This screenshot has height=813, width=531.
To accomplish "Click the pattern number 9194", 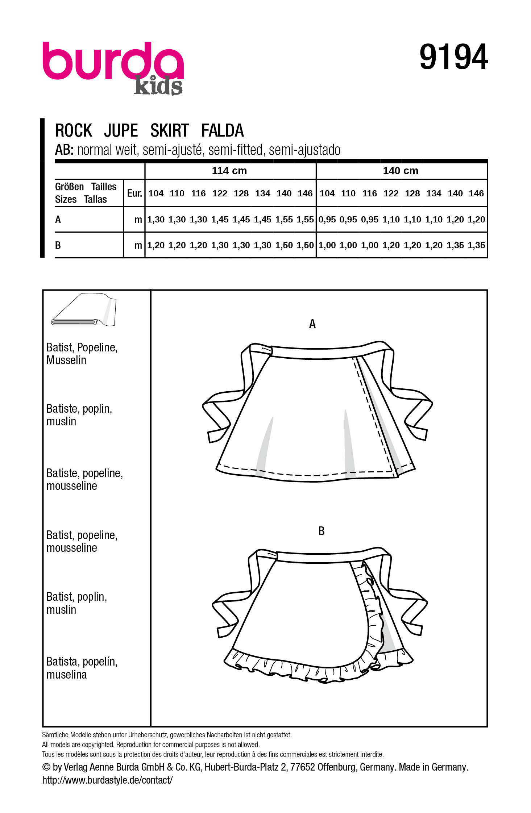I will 453,57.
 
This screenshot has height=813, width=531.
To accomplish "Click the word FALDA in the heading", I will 222,131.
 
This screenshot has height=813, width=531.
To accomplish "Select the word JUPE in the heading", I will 121,131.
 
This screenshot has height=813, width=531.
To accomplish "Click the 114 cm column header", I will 229,171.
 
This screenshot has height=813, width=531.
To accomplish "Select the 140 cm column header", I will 401,171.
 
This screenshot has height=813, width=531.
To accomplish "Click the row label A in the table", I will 58,220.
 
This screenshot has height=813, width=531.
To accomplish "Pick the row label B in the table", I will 58,245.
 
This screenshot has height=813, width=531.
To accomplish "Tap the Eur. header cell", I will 134,193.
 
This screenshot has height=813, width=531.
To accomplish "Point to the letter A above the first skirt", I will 312,324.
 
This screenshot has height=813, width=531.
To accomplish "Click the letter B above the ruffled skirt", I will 321,531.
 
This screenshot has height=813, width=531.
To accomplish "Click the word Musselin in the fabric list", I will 66,360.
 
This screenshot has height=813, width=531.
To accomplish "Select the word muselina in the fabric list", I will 67,675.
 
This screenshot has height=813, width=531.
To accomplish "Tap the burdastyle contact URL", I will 107,780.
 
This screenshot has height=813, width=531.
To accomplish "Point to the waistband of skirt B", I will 319,558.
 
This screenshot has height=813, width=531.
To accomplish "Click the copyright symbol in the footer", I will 46,767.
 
